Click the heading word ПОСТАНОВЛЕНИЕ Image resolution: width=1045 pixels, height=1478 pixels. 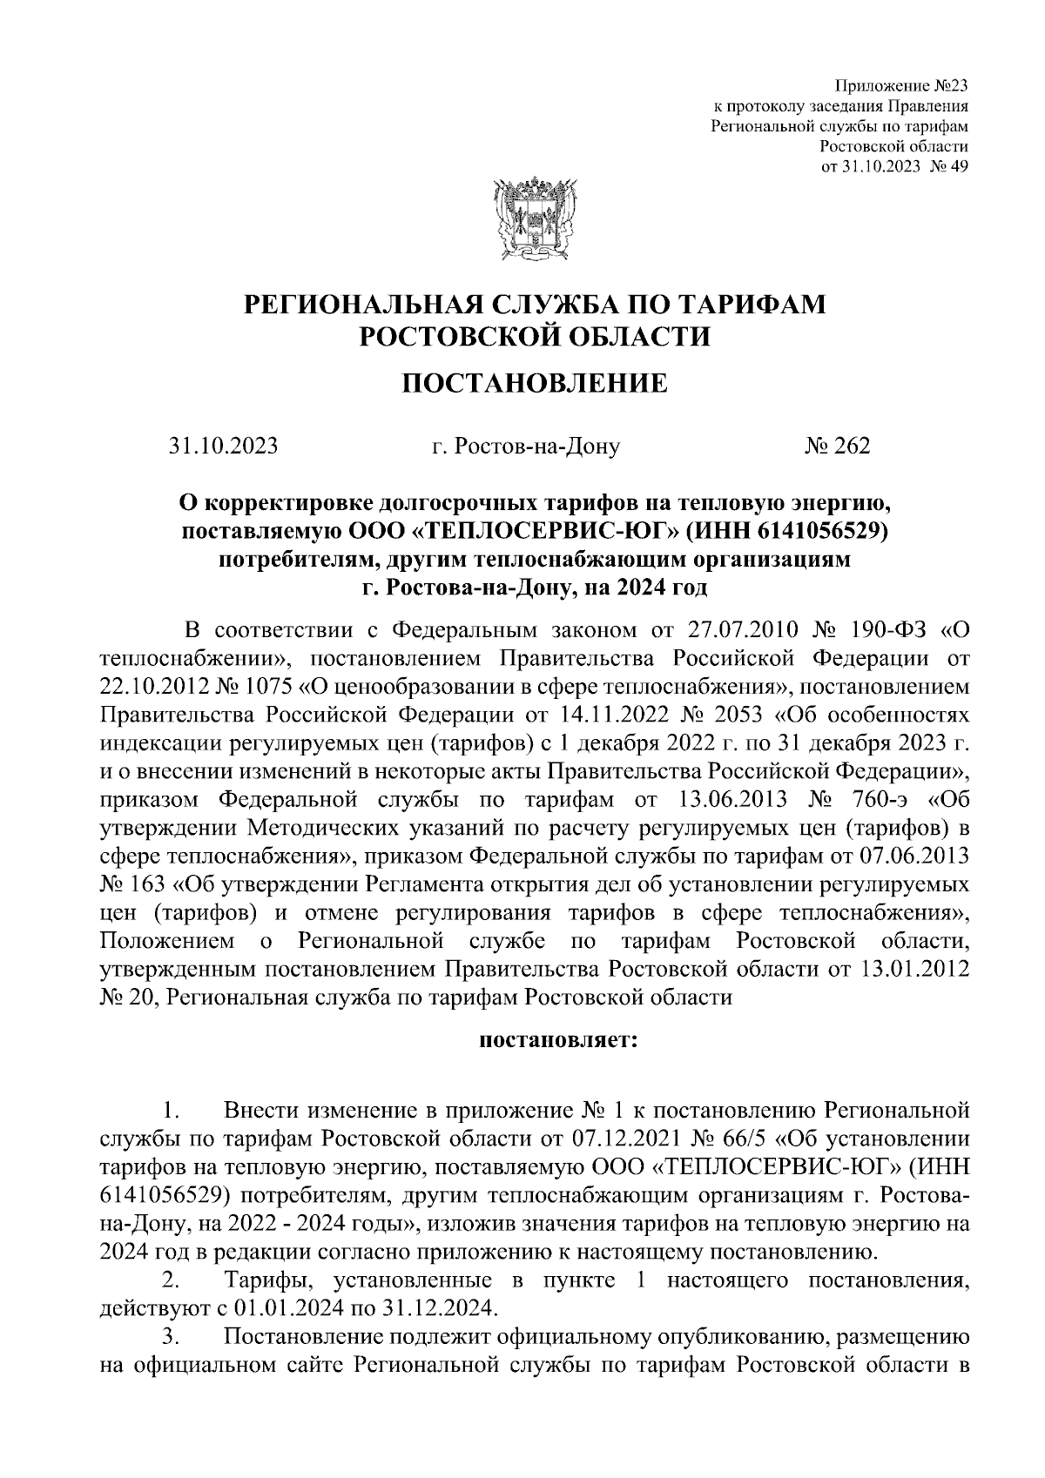[535, 382]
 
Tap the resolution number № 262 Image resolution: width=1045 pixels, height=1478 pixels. [837, 447]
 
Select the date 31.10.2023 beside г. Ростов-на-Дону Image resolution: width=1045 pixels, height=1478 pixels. [224, 447]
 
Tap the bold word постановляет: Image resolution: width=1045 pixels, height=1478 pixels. [558, 1039]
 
